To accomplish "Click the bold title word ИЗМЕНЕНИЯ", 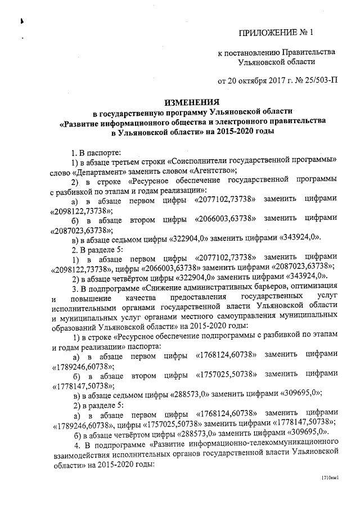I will tap(191, 103).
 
